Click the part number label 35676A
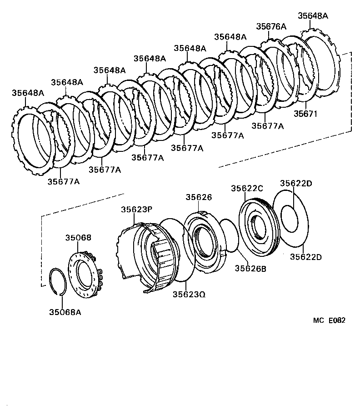[x=271, y=26]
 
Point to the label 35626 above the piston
[x=199, y=197]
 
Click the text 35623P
[x=136, y=210]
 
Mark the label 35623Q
[x=189, y=294]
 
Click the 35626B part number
[x=250, y=268]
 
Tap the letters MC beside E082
[x=318, y=320]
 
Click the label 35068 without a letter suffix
[x=78, y=237]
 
